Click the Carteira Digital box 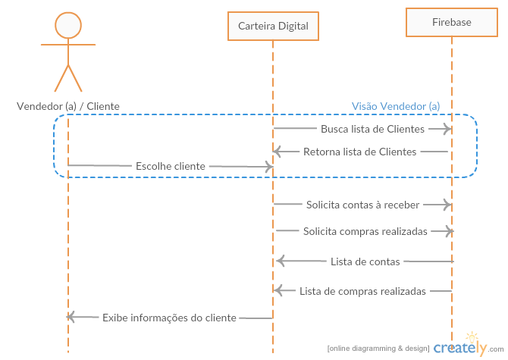(273, 27)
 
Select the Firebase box (452, 23)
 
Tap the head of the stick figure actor (68, 25)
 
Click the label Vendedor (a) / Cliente (68, 106)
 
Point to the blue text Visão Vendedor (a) (396, 106)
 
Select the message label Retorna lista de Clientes (360, 152)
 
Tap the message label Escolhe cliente (171, 166)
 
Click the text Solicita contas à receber (362, 204)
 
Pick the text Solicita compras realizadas (365, 231)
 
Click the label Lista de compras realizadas (362, 290)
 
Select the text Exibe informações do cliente (169, 318)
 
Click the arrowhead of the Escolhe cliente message (268, 166)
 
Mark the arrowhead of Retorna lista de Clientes (278, 152)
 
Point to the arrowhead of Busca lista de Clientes (448, 130)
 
